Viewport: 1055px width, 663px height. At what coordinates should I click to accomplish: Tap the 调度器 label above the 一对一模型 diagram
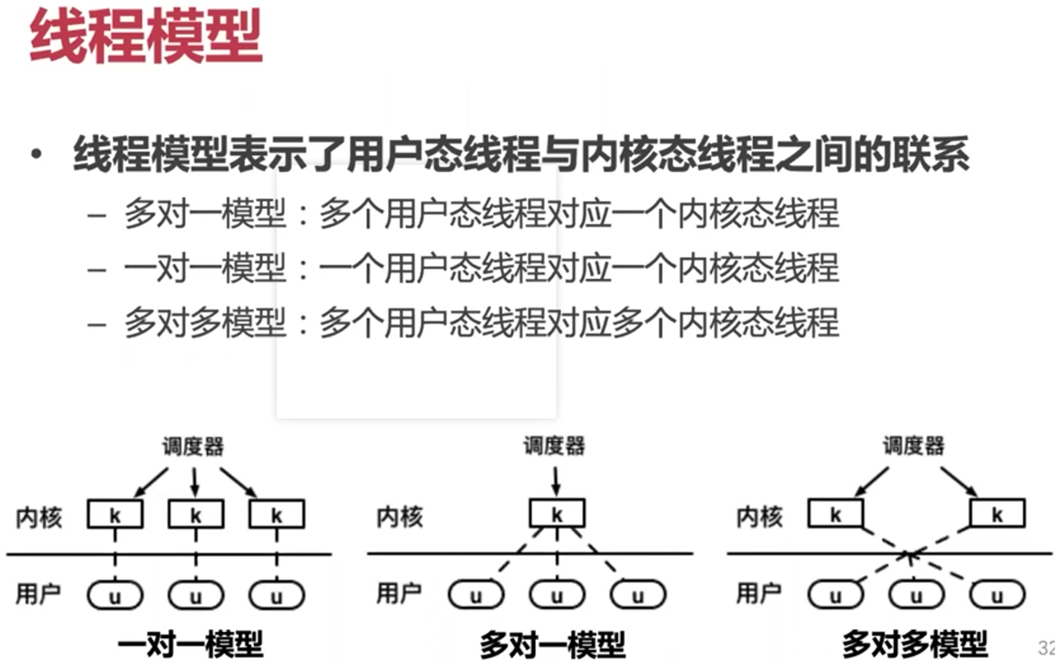(x=192, y=446)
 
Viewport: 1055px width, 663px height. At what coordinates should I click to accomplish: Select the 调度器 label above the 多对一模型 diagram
(x=554, y=446)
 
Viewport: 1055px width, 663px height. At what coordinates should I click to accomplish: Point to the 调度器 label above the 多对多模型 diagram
(x=913, y=446)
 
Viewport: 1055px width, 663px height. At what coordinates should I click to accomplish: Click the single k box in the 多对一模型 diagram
(x=557, y=514)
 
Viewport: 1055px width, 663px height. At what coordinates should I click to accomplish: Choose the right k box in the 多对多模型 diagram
(x=997, y=514)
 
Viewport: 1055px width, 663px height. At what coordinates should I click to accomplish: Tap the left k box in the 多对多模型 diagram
(x=835, y=514)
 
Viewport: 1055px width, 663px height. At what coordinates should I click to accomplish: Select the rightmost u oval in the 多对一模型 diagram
(x=638, y=595)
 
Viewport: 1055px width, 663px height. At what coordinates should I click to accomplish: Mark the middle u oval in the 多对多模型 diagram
(x=916, y=595)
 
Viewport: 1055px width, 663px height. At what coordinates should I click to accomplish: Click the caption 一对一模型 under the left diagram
(x=191, y=644)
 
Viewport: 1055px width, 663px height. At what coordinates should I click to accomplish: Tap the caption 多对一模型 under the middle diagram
(x=552, y=644)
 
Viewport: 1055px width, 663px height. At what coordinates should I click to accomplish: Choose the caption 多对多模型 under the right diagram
(x=915, y=644)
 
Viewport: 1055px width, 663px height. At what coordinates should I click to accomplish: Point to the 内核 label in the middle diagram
(x=400, y=516)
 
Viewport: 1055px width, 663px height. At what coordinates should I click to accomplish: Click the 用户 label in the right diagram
(x=759, y=593)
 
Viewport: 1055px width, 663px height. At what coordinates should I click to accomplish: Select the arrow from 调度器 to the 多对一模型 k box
(x=556, y=480)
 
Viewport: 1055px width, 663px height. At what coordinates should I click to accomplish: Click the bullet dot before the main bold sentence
(x=37, y=154)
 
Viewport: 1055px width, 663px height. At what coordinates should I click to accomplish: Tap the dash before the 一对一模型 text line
(x=96, y=270)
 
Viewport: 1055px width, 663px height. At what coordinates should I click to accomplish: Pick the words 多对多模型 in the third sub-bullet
(x=205, y=323)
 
